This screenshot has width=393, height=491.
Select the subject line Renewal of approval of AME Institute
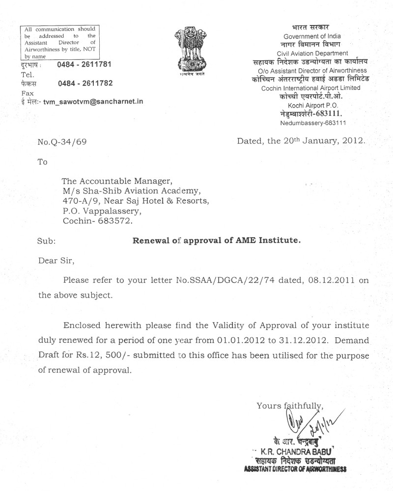[x=216, y=241]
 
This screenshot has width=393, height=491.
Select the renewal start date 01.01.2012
[x=236, y=340]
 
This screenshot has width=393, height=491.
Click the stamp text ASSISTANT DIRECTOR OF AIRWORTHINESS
[x=295, y=469]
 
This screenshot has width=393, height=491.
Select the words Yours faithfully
[x=289, y=406]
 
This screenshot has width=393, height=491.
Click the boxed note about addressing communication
[x=60, y=42]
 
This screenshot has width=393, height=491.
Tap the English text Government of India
[x=312, y=36]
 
